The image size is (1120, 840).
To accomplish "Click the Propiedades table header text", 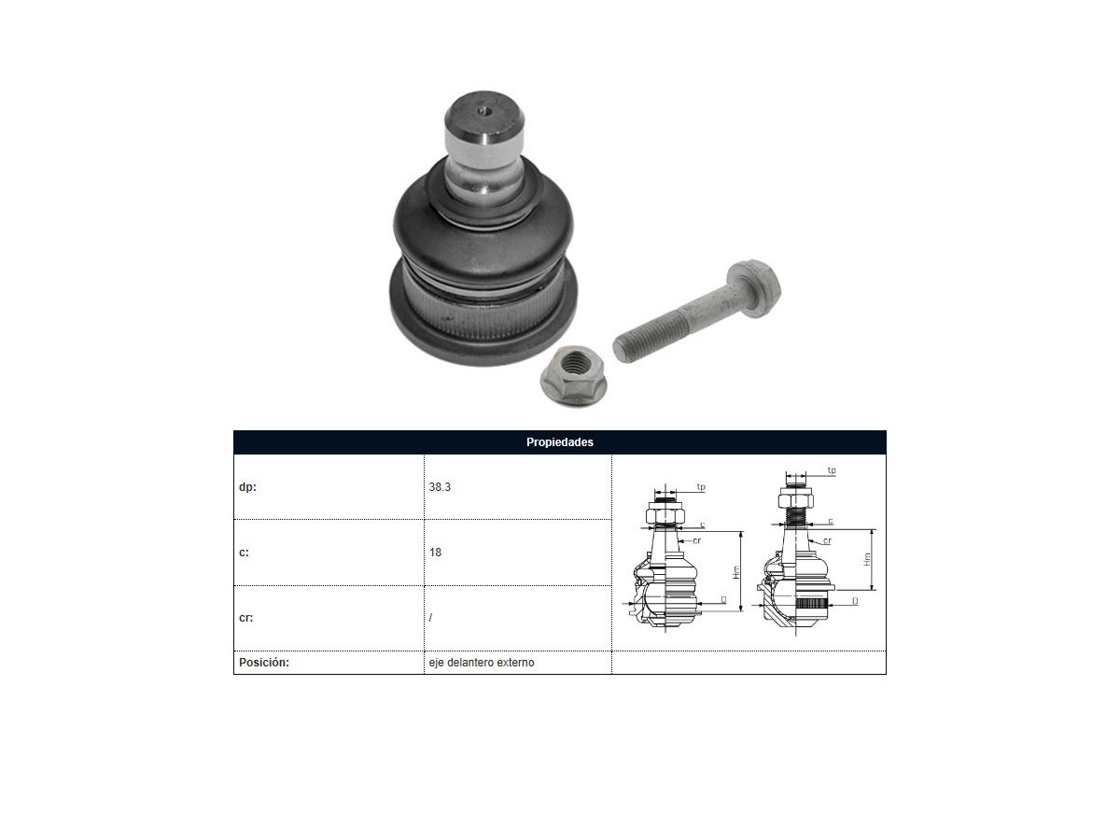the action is tap(559, 442).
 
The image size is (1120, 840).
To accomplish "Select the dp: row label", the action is tap(247, 487).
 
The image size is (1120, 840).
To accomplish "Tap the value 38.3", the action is tap(440, 487).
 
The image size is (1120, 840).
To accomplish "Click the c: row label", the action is tap(244, 553).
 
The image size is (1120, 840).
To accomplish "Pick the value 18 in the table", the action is tap(435, 553).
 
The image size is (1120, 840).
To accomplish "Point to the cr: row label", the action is tap(246, 618).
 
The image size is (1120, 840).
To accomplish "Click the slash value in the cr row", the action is tap(430, 618).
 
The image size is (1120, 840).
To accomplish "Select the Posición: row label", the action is tap(264, 663).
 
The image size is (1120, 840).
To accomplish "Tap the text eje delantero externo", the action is tap(482, 663).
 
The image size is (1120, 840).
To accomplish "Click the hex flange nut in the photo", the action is tap(572, 375).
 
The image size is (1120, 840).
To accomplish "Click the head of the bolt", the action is tap(754, 288).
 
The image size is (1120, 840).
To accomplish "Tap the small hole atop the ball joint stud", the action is tap(483, 111).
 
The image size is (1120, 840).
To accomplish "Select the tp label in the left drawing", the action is tap(701, 487).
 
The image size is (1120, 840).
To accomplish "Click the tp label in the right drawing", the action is tap(832, 470).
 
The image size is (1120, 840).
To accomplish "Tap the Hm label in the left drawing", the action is tap(735, 572).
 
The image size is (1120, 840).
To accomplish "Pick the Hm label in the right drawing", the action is tap(867, 559).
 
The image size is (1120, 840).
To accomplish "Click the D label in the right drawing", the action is tap(855, 601).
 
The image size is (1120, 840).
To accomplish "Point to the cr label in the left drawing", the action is tap(697, 540).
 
